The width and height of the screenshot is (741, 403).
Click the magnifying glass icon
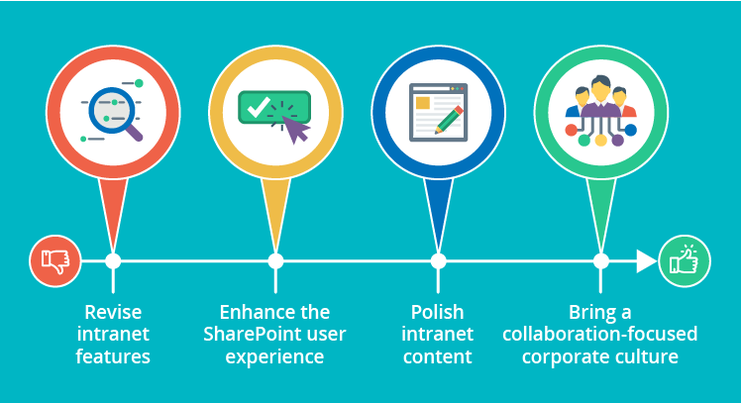coord(111,111)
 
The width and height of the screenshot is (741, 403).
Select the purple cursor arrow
coord(296,129)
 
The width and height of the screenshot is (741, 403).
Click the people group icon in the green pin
coord(600,112)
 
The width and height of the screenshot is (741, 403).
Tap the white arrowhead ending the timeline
coord(646,261)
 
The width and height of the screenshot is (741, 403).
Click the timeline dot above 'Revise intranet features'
coord(113,261)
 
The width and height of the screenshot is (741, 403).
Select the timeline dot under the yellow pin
coord(275,261)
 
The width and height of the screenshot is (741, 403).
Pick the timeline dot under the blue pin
coord(438,261)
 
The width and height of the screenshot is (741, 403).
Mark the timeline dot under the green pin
coord(600,261)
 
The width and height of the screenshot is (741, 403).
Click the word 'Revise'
coord(113,312)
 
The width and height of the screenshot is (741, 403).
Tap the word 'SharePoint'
coord(250,334)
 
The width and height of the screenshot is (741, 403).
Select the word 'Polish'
coord(438,312)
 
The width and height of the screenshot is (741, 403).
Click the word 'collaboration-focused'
coord(600,334)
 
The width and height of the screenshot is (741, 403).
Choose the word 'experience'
coord(275,356)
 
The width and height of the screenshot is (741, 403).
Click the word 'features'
coord(113,356)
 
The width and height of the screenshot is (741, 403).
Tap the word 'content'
coord(438,356)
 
